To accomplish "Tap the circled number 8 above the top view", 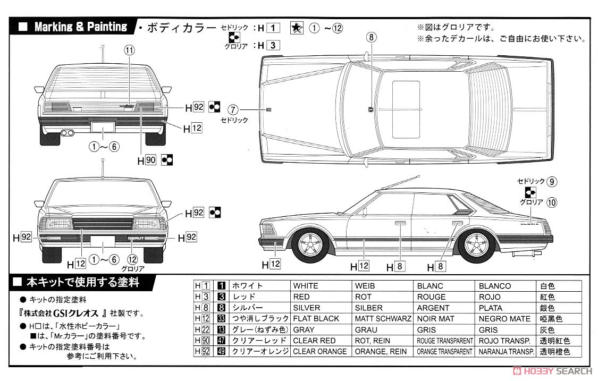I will [x=371, y=37].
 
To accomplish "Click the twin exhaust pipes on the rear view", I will [x=68, y=132].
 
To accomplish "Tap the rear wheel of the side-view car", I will [x=477, y=244].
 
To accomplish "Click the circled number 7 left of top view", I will [x=232, y=110].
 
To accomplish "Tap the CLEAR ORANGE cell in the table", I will [x=320, y=351].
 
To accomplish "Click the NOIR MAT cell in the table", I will [x=433, y=319].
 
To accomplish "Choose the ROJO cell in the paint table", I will [x=490, y=297].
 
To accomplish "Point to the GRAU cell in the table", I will [x=365, y=329].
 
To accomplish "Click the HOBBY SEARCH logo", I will [x=556, y=370].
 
